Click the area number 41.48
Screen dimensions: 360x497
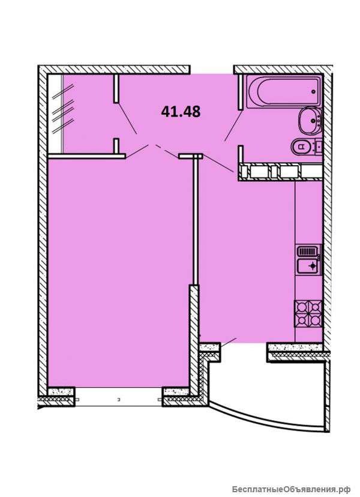(181, 112)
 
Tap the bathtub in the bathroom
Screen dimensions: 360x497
(284, 92)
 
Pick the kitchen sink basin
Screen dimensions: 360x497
(309, 267)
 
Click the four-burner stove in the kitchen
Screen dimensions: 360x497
(308, 313)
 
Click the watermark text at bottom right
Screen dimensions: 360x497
(291, 489)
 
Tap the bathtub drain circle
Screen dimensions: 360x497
(313, 92)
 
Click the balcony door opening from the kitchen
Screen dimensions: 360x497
(244, 347)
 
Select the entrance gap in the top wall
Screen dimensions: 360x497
(212, 70)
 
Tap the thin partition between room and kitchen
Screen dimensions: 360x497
(196, 221)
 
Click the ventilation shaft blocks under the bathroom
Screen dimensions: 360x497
(281, 172)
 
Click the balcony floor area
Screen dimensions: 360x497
(266, 384)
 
